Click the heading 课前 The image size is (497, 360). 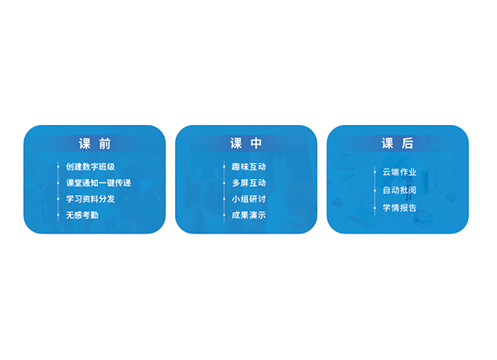[x=94, y=144]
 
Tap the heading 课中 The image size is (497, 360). [x=246, y=143]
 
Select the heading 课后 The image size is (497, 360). [x=398, y=143]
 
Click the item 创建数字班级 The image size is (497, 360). [x=90, y=167]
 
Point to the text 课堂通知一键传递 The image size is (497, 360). [x=99, y=182]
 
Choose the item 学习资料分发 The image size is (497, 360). [x=90, y=199]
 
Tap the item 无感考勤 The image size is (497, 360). [x=82, y=215]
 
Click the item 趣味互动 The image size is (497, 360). [x=248, y=167]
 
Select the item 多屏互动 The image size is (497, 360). [x=248, y=182]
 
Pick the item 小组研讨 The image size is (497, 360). [x=248, y=199]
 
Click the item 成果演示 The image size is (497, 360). [x=248, y=215]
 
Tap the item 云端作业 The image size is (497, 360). [x=399, y=172]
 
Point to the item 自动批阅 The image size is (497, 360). [x=399, y=190]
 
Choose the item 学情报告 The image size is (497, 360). [x=399, y=208]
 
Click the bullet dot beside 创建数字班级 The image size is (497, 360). [x=58, y=167]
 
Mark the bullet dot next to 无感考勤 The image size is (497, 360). [x=58, y=215]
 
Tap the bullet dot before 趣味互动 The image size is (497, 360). [x=223, y=167]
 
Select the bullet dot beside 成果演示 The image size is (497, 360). [x=223, y=215]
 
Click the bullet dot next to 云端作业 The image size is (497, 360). [x=375, y=173]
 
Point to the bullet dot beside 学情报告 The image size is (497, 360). [x=375, y=208]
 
